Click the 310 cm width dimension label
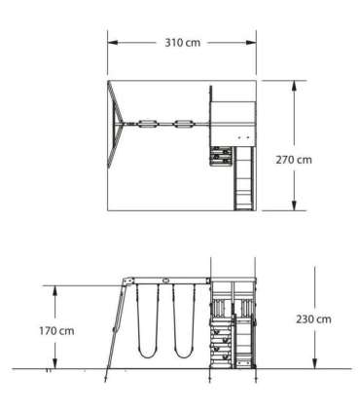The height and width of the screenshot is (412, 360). coord(183,43)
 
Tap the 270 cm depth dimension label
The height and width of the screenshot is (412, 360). coord(294,160)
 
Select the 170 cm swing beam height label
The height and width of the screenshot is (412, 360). coord(56,331)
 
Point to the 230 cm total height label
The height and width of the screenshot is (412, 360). coord(313,319)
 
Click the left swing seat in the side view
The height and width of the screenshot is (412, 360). coord(148,354)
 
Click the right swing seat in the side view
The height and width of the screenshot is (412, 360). coord(184,354)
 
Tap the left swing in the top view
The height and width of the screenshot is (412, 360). coord(148,124)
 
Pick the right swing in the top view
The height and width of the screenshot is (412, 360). coord(184,124)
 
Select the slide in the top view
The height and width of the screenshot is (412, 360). coord(244,178)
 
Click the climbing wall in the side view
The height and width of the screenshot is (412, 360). coord(221,343)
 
